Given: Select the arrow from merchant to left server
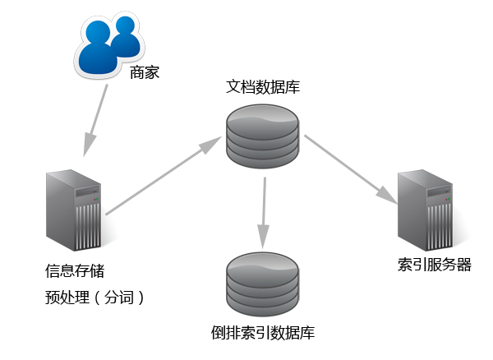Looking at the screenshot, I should click(96, 119).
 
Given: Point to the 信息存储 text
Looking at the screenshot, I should click(75, 270).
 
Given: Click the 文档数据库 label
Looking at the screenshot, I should click(263, 86).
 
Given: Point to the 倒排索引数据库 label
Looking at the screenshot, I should click(263, 333).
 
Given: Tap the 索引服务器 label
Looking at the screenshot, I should click(434, 265).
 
